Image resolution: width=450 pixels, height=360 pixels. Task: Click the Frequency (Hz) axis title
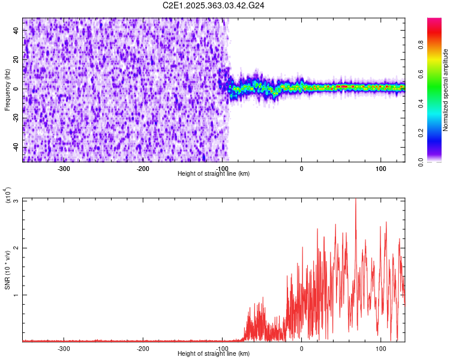8,90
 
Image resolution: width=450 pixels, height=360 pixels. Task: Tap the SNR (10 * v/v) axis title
8,269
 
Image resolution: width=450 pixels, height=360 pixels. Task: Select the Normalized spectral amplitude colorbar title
446,90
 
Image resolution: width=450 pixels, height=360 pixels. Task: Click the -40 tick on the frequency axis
15,148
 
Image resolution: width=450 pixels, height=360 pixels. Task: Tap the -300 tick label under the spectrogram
64,169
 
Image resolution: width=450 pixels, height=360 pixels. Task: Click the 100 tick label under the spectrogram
380,169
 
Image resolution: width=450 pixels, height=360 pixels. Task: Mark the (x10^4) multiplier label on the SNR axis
8,196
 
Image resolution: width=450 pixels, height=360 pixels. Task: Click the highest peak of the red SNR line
356,199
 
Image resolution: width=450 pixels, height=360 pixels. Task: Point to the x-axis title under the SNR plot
214,354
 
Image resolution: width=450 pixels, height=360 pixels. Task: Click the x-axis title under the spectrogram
214,174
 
